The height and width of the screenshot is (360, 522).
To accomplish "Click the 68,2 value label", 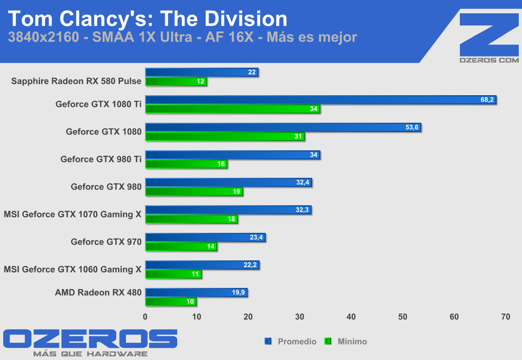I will click(487, 100).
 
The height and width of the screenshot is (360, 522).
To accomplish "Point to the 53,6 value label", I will click(412, 128).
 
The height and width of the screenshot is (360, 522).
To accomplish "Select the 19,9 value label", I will click(238, 293).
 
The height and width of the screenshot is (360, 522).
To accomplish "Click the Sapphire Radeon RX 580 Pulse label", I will click(76, 81).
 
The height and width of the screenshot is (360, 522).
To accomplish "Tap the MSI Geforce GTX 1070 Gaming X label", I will click(73, 214).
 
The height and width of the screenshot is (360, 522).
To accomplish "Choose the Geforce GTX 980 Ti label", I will click(101, 159).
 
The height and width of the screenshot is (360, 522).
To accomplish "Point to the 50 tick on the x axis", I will click(403, 317).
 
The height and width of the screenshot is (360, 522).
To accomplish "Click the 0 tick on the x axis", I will click(145, 317).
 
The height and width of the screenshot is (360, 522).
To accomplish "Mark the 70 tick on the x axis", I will click(505, 317).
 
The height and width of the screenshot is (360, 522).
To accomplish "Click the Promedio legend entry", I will click(297, 341).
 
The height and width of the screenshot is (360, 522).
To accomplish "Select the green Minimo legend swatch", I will click(328, 341).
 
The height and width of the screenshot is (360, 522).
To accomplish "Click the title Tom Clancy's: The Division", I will click(147, 19).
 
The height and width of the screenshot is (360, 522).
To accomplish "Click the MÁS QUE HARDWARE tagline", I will click(90, 354).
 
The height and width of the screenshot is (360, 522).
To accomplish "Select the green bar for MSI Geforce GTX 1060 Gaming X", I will click(173, 274).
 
